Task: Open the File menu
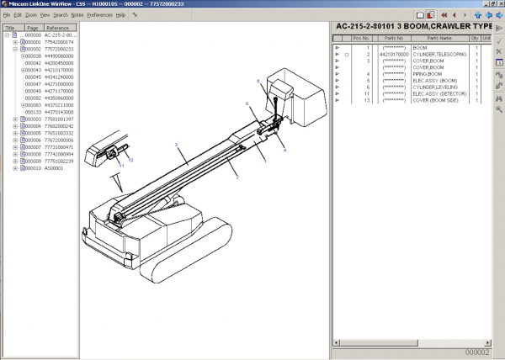[7, 15]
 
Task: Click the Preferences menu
[99, 15]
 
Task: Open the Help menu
[120, 15]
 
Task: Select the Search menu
[60, 15]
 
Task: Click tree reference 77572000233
[61, 49]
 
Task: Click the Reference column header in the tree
[57, 28]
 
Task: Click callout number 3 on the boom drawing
[175, 146]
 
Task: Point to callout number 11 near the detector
[121, 167]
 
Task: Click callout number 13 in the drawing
[130, 159]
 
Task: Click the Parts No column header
[394, 38]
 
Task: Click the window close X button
[499, 4]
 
